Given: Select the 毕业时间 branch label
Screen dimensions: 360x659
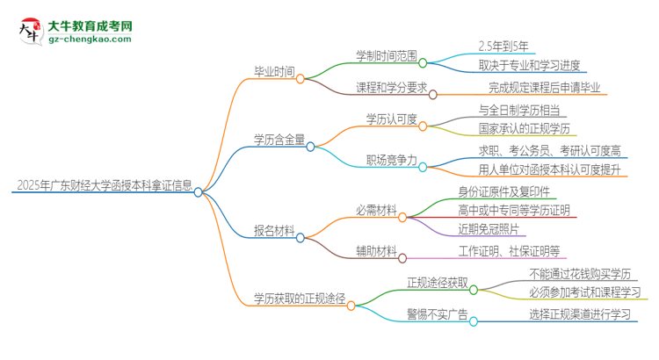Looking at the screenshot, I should pos(274,73).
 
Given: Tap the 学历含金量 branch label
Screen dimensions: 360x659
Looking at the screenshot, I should pos(279,138).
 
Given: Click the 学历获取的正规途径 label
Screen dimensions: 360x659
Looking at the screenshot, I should pos(299,298).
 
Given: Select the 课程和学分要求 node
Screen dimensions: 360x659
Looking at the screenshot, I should pos(390,87).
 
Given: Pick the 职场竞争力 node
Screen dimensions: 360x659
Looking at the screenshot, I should pos(391,161).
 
